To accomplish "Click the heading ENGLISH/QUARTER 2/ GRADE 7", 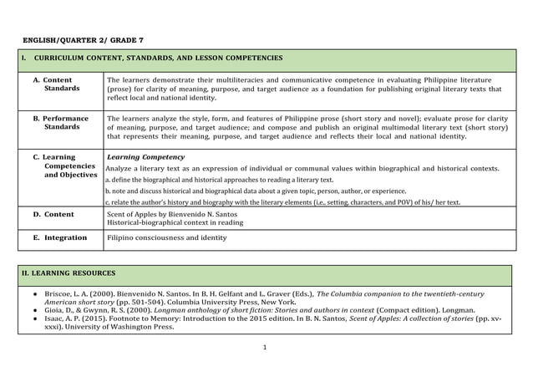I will click(x=83, y=40).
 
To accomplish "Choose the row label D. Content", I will click(x=53, y=215).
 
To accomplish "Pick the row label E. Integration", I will click(x=59, y=237).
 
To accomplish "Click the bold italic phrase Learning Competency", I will click(x=146, y=157).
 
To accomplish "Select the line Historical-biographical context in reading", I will click(x=175, y=222).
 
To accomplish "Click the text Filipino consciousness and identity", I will click(x=167, y=237).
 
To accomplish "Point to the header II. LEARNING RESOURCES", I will click(x=69, y=273).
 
